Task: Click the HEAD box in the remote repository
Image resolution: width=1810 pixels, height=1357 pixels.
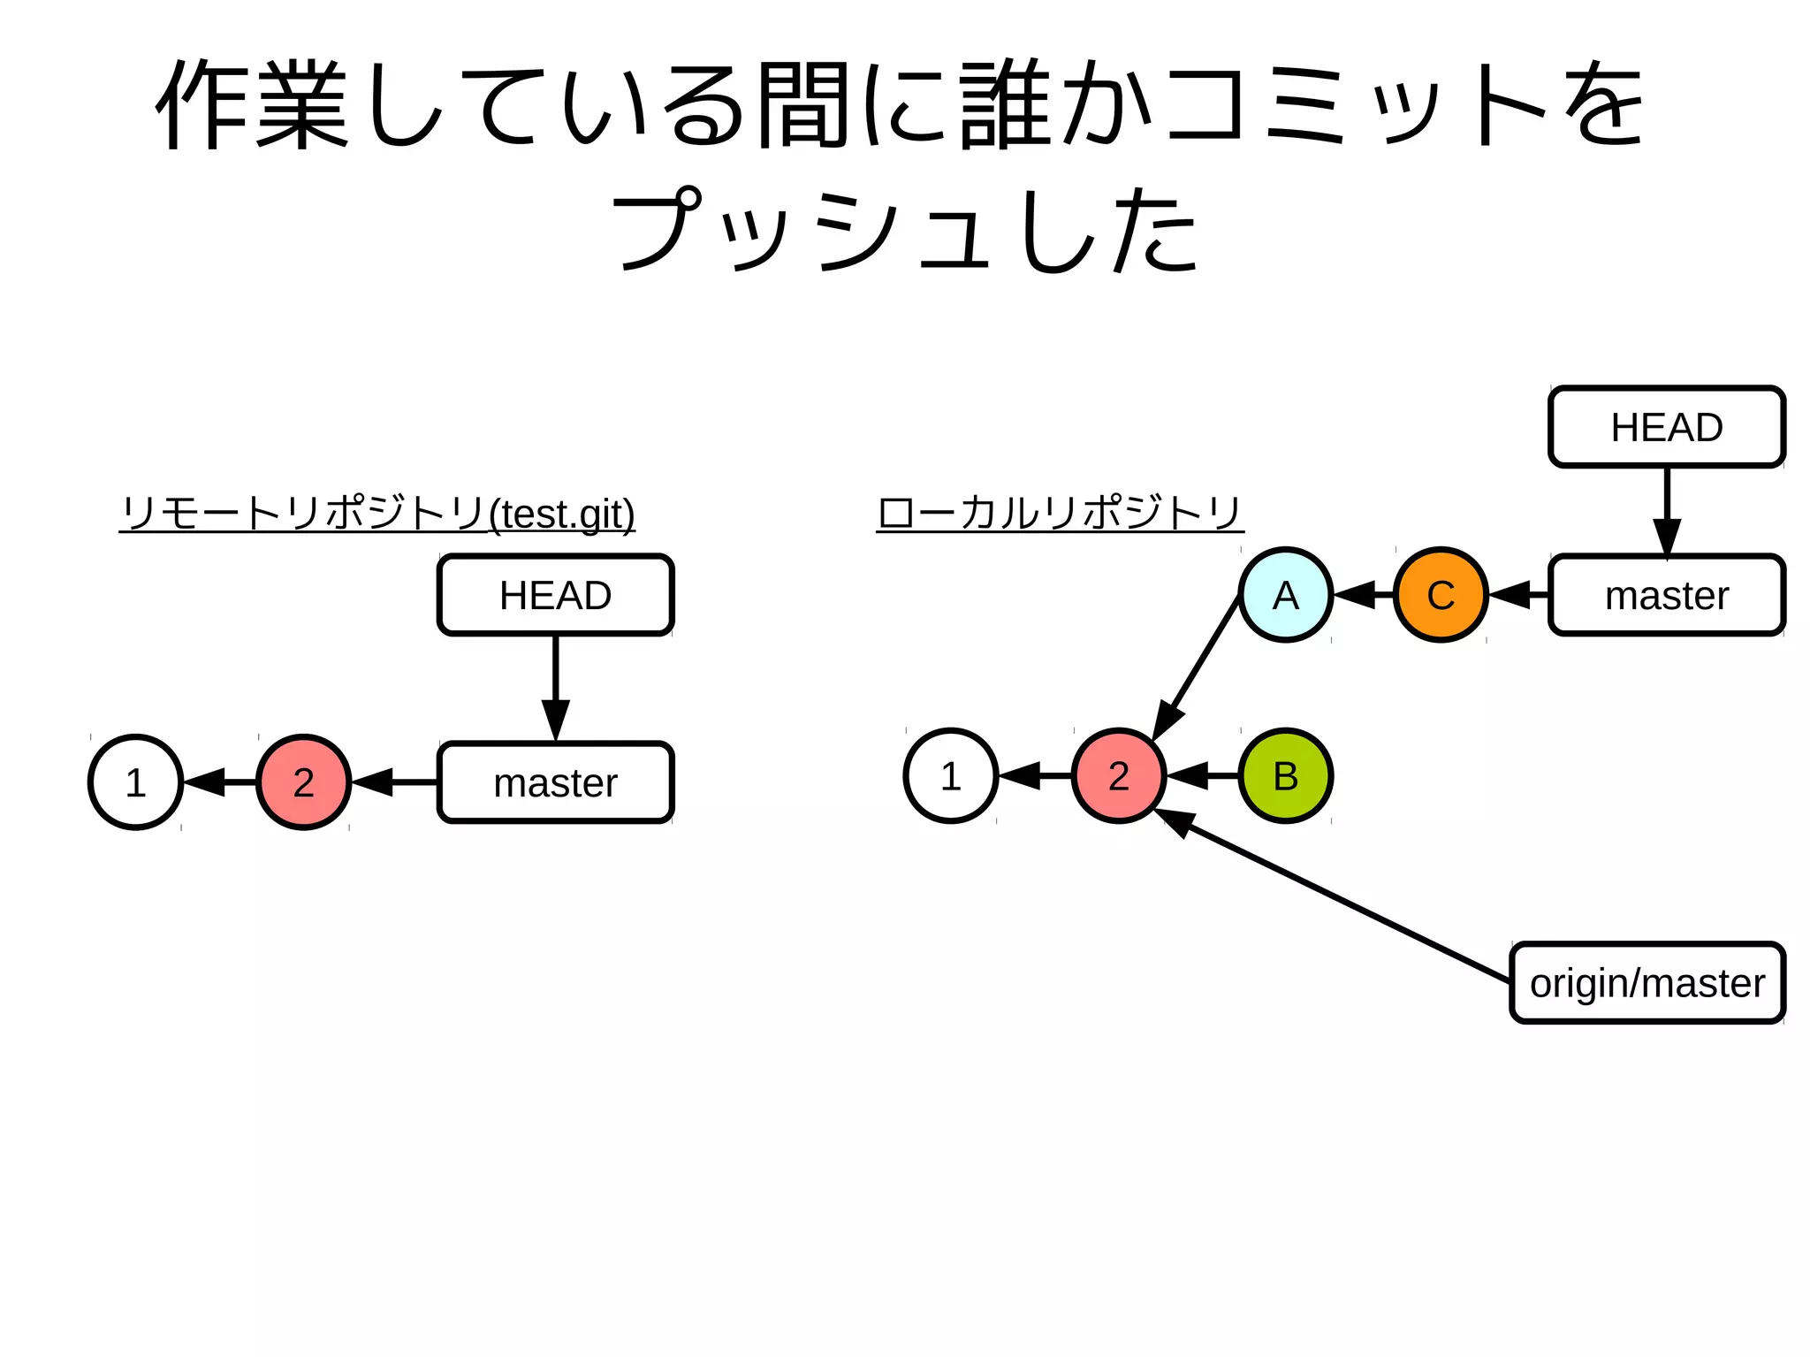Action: [x=555, y=595]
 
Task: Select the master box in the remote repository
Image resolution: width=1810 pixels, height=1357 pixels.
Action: [x=555, y=782]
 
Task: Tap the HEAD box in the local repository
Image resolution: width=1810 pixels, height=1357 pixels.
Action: [x=1666, y=427]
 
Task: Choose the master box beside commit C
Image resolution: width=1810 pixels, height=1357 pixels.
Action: [x=1666, y=595]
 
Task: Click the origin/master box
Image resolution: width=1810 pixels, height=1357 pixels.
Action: [x=1646, y=983]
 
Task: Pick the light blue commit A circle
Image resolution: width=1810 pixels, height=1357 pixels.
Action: [x=1285, y=595]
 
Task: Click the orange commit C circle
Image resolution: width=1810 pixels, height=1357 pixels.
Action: [x=1441, y=595]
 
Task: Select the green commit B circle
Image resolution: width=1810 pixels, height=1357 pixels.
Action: [x=1285, y=776]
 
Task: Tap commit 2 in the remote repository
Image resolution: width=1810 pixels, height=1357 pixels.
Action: [x=303, y=782]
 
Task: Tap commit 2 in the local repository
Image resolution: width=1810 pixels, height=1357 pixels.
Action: [x=1118, y=776]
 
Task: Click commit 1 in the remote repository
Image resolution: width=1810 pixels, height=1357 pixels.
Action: [x=135, y=782]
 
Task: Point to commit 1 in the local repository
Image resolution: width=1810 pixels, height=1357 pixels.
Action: [x=950, y=776]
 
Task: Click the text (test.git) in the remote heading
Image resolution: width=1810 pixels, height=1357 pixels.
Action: [x=562, y=514]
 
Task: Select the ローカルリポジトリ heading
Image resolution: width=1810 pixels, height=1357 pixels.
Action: [x=1060, y=513]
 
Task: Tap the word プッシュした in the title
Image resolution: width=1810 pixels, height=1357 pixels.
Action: [x=905, y=230]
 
